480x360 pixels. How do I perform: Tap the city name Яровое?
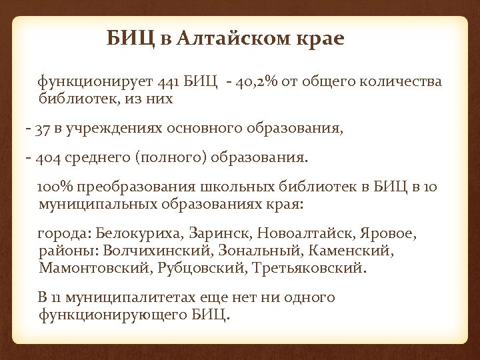(389, 235)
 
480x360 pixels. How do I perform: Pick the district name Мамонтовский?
(96, 269)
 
